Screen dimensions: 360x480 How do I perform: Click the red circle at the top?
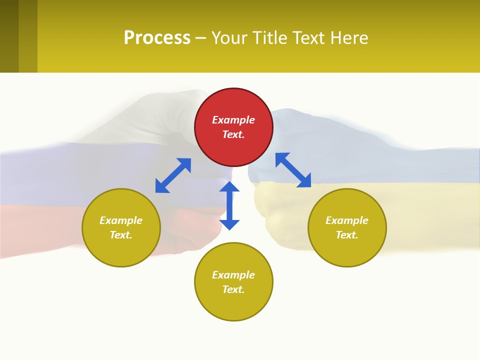click(x=233, y=127)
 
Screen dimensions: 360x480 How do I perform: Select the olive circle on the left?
click(x=121, y=227)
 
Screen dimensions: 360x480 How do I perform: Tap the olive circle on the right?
click(x=347, y=227)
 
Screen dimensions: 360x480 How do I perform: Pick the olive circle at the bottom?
click(x=233, y=282)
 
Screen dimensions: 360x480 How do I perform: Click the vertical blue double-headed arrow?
click(x=229, y=205)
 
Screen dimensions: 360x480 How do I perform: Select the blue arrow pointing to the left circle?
click(x=173, y=175)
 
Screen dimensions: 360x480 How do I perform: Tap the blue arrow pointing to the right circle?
click(x=293, y=170)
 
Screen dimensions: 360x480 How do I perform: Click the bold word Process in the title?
click(x=157, y=37)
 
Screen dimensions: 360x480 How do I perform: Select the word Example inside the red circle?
click(x=233, y=120)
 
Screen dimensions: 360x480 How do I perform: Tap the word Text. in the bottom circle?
click(x=233, y=289)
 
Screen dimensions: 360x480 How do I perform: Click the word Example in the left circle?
click(x=121, y=220)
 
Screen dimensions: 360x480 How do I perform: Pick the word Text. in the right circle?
click(x=347, y=235)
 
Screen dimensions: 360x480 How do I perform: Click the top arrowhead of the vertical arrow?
click(x=229, y=187)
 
